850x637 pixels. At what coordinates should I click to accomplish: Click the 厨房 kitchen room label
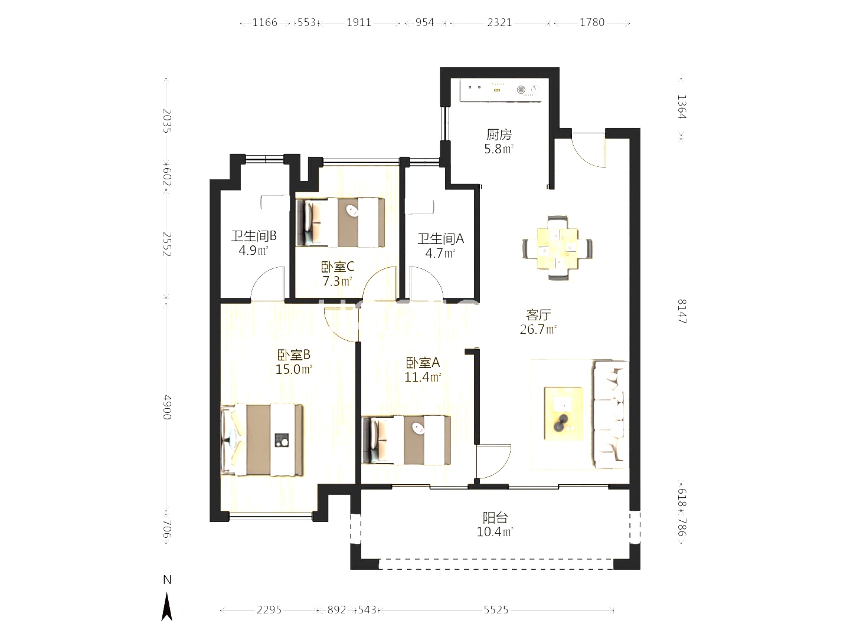(x=499, y=134)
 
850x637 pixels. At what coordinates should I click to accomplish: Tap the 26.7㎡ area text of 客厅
(x=538, y=330)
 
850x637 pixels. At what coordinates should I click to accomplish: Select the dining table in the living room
(x=557, y=248)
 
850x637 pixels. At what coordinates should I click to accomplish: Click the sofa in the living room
(x=610, y=415)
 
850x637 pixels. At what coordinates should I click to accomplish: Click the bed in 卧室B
(x=263, y=440)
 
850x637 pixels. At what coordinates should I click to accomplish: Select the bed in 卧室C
(x=341, y=222)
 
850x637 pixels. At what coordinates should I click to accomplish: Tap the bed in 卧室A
(x=407, y=440)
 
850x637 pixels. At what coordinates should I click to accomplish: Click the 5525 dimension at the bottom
(x=496, y=610)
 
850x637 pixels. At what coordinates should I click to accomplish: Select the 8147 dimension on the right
(x=681, y=311)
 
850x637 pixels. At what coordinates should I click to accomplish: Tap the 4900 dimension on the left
(x=167, y=407)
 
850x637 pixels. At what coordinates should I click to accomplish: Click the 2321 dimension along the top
(x=499, y=22)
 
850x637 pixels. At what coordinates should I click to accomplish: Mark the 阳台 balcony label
(x=495, y=518)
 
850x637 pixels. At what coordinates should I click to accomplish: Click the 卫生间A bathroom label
(x=440, y=239)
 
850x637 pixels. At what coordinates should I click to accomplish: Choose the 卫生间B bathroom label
(x=253, y=236)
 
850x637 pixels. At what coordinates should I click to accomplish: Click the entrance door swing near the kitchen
(x=589, y=151)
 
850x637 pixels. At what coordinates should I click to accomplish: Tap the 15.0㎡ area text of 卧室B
(x=293, y=370)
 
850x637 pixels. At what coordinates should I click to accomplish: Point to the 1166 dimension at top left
(x=264, y=22)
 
